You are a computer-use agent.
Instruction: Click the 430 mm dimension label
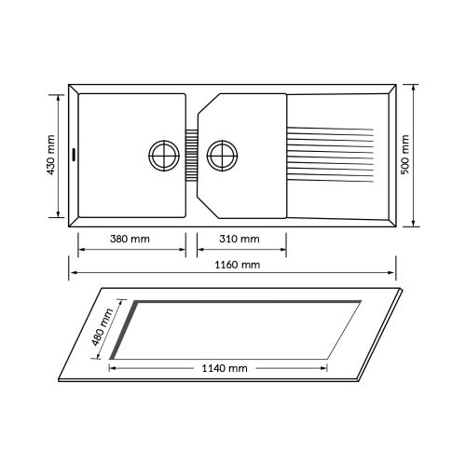pos(51,155)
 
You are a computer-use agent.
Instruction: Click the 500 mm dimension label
pos(404,155)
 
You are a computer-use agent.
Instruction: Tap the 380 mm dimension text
pos(130,239)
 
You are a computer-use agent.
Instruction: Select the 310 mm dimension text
pos(240,239)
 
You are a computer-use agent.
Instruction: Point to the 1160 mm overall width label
pos(238,265)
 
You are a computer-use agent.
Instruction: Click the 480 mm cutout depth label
pos(103,327)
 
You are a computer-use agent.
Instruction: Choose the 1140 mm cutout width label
pos(225,368)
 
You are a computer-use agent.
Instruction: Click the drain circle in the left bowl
pos(164,156)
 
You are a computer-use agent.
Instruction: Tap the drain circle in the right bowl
pos(222,156)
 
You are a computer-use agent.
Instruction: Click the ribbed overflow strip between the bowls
pos(192,155)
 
